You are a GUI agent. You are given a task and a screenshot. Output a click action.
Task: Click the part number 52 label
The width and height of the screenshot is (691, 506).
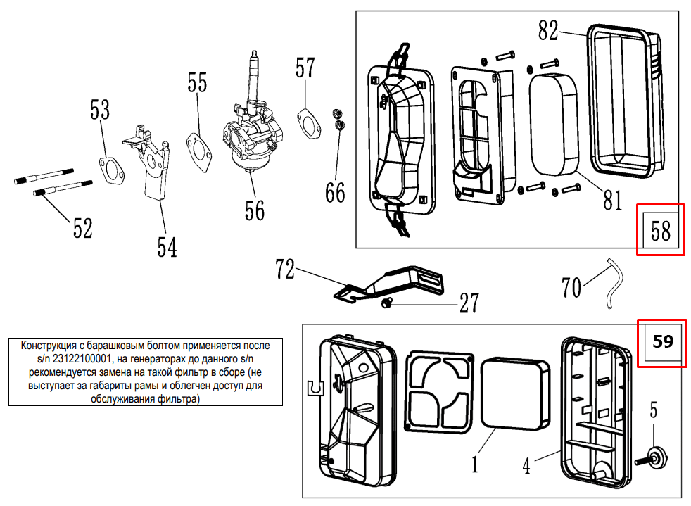click(x=82, y=228)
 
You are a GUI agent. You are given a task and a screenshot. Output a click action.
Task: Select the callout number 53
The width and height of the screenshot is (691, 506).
click(x=100, y=110)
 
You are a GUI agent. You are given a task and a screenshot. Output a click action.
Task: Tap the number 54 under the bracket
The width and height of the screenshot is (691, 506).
click(x=167, y=247)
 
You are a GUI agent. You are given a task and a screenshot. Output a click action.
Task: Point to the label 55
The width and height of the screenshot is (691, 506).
click(x=197, y=83)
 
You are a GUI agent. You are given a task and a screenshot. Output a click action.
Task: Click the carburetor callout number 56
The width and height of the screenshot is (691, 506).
click(x=255, y=210)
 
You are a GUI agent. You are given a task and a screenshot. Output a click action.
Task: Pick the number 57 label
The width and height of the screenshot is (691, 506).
click(x=305, y=68)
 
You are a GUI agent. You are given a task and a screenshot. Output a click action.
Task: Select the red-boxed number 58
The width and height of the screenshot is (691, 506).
click(x=660, y=230)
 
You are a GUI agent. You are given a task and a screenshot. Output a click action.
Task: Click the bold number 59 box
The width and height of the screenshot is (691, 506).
click(x=661, y=342)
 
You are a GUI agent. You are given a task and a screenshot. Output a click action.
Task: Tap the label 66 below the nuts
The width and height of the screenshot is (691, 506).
click(x=335, y=191)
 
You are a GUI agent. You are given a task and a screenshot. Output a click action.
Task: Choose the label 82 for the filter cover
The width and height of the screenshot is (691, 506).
click(x=548, y=30)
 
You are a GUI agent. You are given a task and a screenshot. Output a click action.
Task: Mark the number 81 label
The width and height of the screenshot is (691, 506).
click(x=613, y=201)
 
